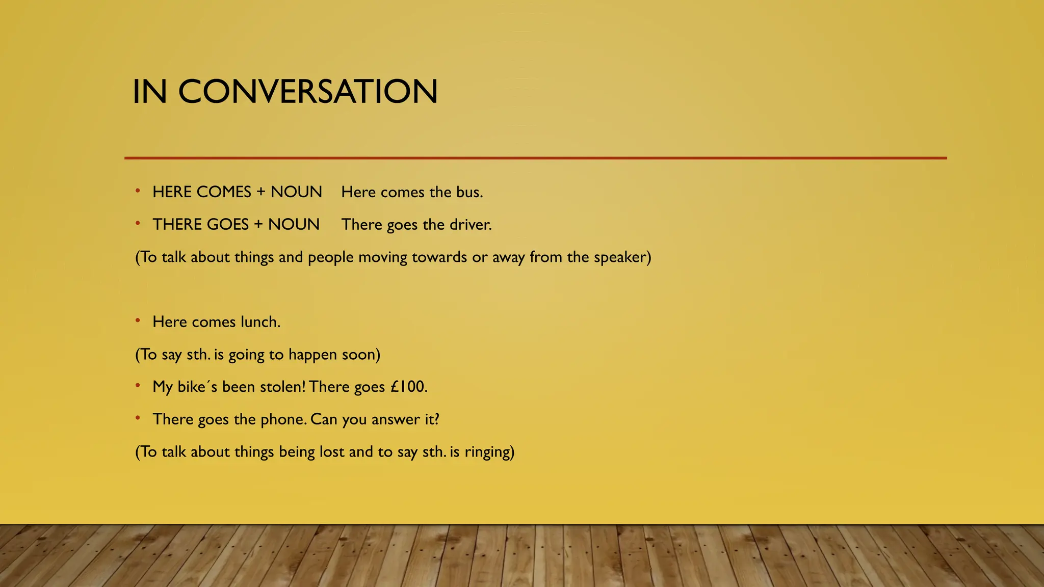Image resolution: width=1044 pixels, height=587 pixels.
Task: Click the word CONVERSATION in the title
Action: click(x=307, y=92)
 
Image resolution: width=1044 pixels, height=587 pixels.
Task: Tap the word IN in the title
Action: click(x=149, y=92)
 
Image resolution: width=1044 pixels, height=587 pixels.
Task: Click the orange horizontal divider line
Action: click(x=535, y=158)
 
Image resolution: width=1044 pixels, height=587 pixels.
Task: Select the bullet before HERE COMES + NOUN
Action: click(x=138, y=191)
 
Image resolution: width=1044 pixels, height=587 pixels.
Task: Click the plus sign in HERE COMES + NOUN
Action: click(x=261, y=192)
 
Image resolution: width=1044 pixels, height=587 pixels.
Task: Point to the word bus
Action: click(x=468, y=192)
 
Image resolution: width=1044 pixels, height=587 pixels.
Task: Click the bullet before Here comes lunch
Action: click(x=138, y=321)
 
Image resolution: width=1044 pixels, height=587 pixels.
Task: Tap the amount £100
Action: click(x=408, y=387)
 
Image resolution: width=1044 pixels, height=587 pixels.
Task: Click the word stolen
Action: click(x=282, y=387)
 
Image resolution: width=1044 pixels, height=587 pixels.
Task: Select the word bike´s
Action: click(x=197, y=387)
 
